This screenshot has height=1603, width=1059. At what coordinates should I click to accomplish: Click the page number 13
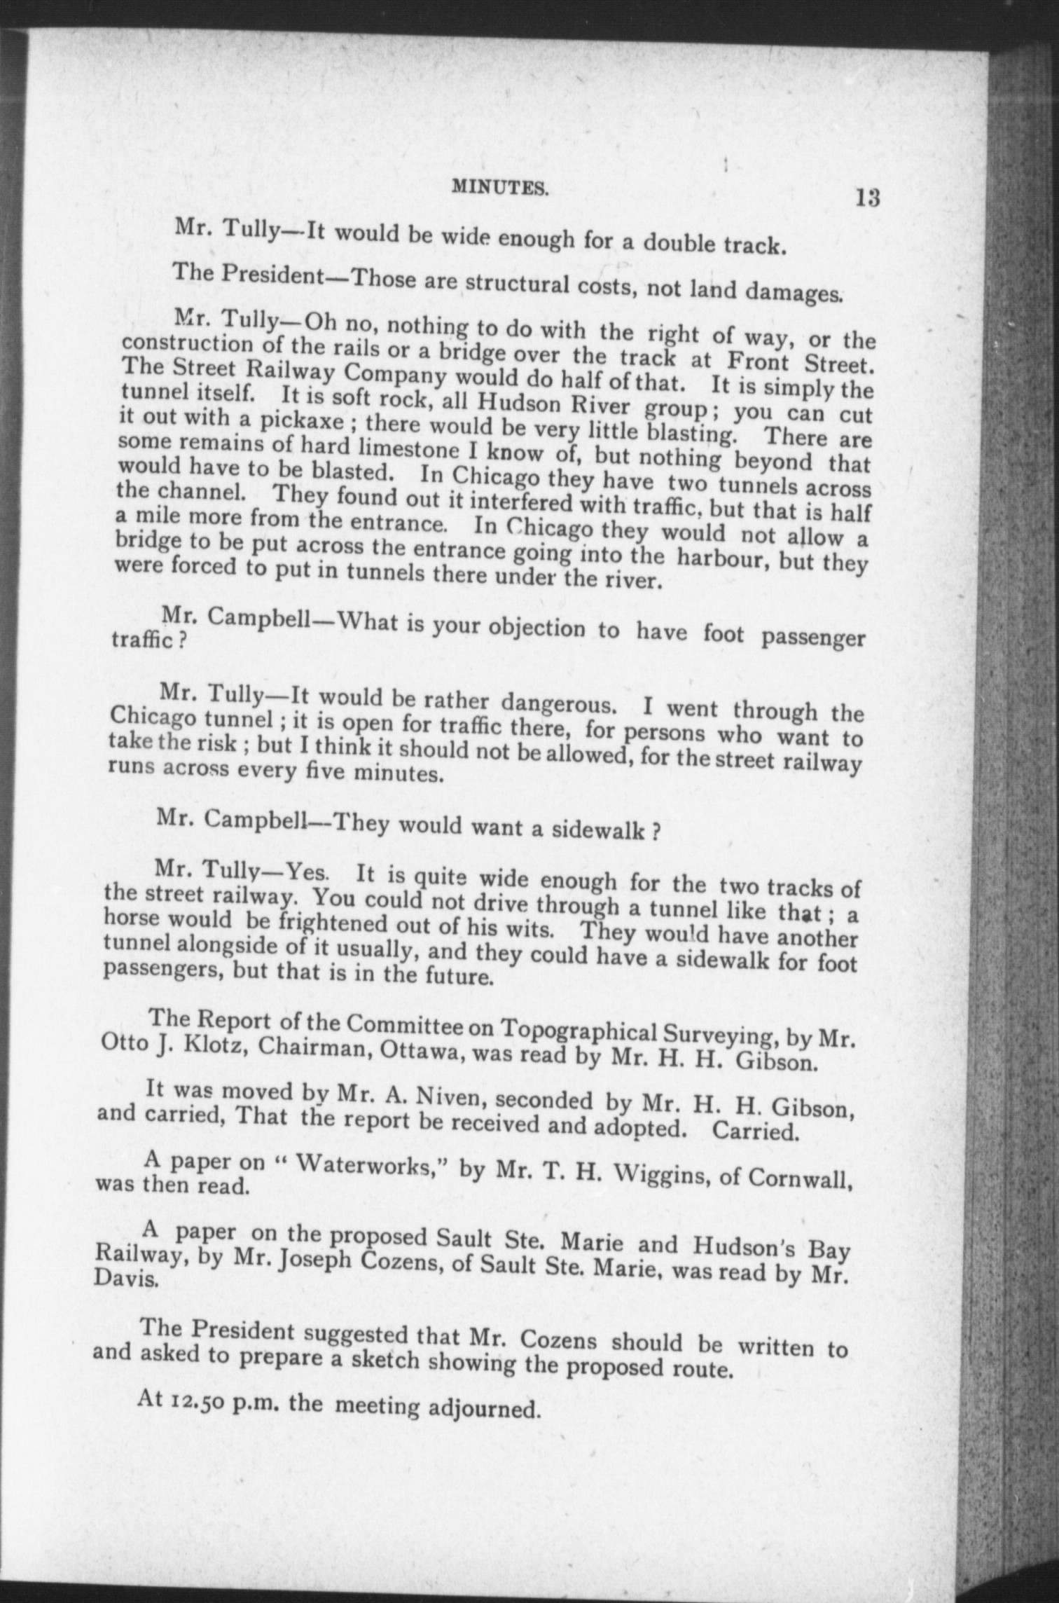point(866,198)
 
